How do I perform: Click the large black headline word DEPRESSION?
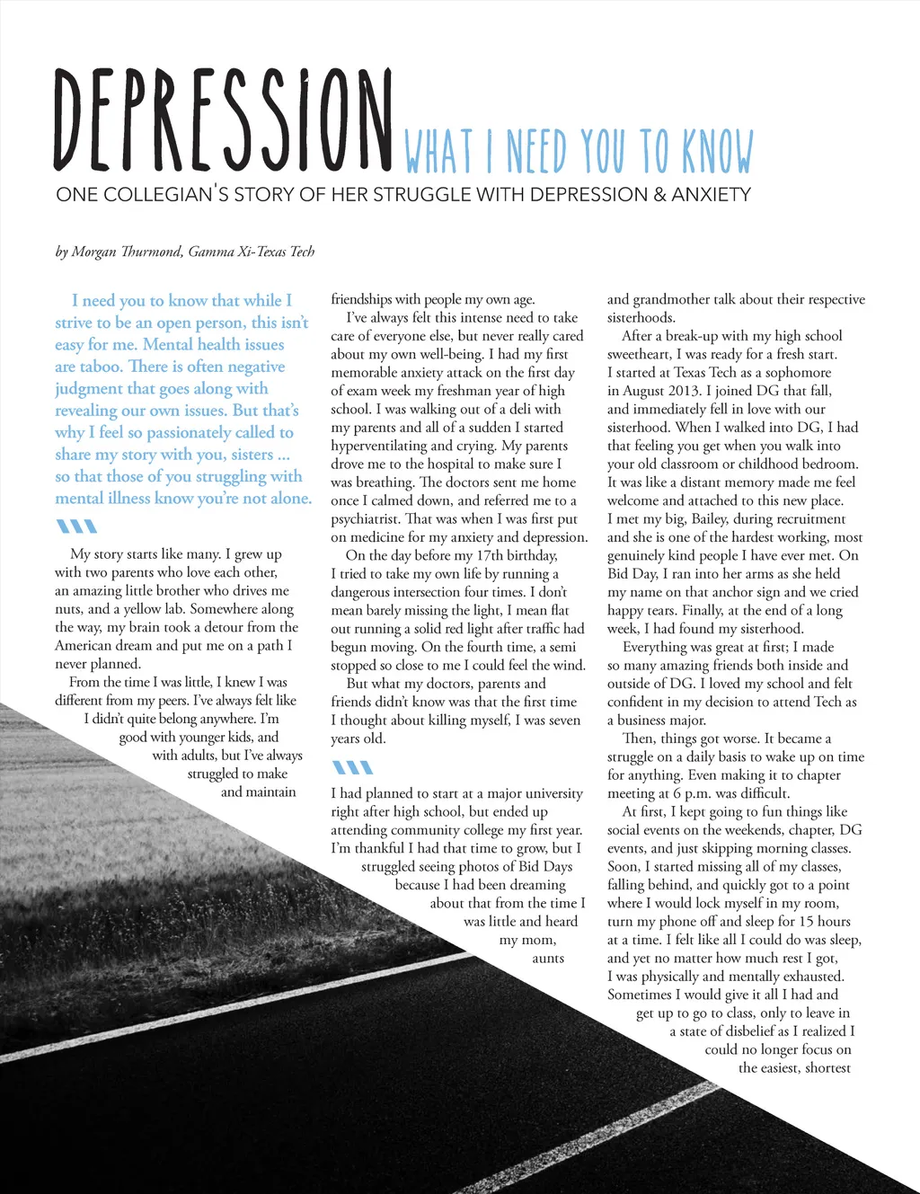(223, 121)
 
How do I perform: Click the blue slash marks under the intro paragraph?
(75, 526)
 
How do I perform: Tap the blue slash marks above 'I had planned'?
(351, 767)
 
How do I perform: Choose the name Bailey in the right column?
(709, 518)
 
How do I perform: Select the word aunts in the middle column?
(548, 958)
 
